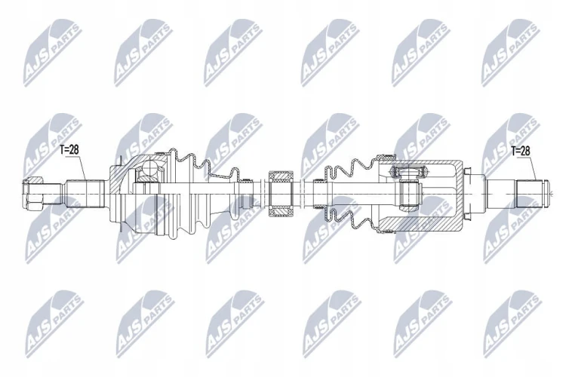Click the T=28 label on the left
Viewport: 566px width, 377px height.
pyautogui.click(x=69, y=150)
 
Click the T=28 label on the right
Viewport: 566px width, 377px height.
pyautogui.click(x=521, y=151)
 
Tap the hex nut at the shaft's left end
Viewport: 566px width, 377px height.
pyautogui.click(x=33, y=194)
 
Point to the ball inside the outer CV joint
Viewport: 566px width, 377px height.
pyautogui.click(x=149, y=167)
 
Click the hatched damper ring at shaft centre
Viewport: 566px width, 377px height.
pyautogui.click(x=281, y=194)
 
